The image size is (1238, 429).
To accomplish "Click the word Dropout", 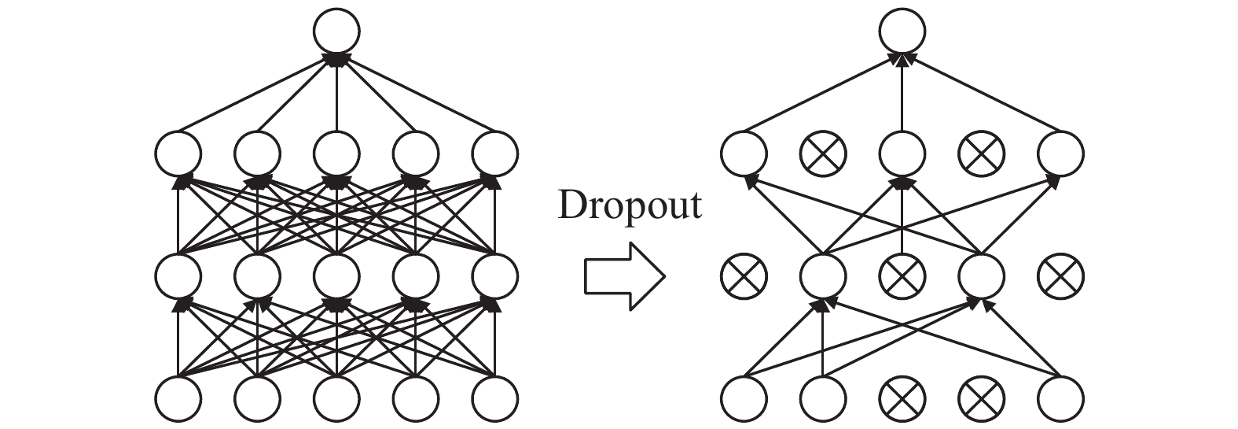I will [629, 205].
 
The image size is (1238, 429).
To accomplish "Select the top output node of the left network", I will [336, 31].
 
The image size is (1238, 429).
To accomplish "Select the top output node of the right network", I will [902, 31].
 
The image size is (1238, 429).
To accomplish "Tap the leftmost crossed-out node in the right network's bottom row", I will [902, 399].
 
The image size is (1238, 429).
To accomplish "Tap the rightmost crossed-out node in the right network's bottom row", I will [981, 399].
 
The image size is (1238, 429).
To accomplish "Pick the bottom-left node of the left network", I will [178, 399].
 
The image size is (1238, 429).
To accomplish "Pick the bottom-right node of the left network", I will [495, 399].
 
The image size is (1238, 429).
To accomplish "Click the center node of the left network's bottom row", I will [336, 399].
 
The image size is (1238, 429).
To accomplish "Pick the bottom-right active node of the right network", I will [1060, 399].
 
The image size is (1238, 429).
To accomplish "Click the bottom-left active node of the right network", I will [744, 399].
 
